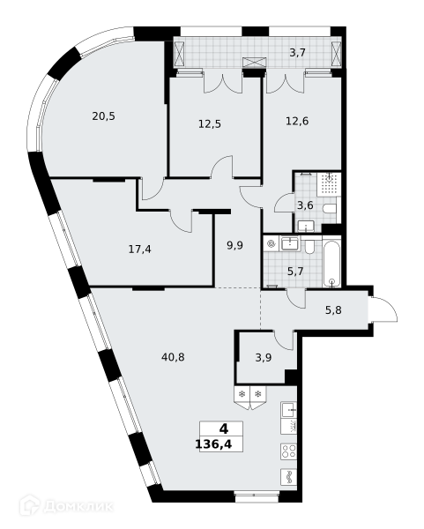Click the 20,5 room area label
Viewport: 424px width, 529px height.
(103, 116)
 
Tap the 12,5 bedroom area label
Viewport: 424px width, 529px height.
(210, 124)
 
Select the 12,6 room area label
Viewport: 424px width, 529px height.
(297, 121)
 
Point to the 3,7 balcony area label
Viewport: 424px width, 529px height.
(298, 53)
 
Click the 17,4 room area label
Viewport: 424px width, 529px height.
(139, 250)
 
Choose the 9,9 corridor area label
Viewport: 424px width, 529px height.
(234, 245)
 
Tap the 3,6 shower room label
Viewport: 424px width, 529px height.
(305, 205)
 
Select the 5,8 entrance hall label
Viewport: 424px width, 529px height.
(333, 309)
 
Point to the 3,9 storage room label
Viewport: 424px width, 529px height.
(264, 358)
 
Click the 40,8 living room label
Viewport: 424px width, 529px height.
(173, 357)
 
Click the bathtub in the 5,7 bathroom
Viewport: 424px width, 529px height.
(332, 262)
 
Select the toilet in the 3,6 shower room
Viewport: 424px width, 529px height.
(330, 209)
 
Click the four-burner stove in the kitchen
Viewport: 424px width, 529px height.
(289, 451)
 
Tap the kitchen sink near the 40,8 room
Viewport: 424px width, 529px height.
(289, 409)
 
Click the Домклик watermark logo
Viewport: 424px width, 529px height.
(66, 506)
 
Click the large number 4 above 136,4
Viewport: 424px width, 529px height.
(224, 429)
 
